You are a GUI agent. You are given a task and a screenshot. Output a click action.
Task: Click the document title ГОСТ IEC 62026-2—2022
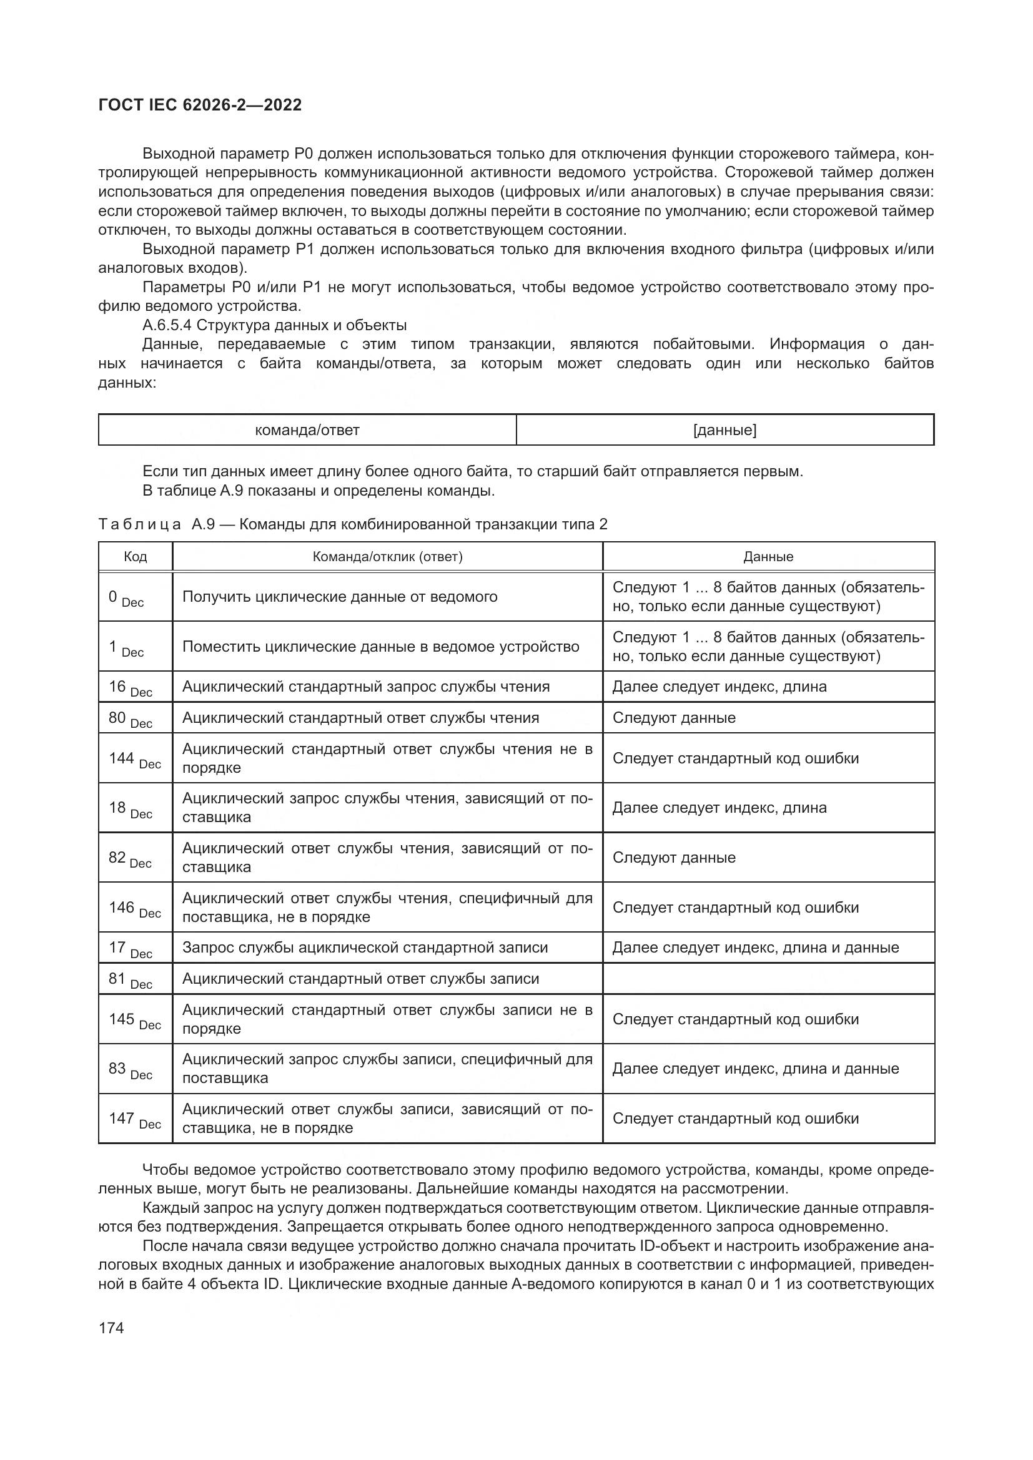200,105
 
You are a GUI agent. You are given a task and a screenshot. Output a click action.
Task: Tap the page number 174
111,1328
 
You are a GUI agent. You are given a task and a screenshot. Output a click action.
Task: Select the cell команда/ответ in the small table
307,431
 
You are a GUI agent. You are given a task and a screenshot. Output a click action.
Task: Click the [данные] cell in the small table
724,431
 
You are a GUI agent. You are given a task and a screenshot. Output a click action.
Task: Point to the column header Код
135,557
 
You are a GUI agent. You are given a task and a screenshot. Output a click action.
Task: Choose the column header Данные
768,557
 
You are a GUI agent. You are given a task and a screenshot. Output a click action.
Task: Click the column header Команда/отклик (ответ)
387,557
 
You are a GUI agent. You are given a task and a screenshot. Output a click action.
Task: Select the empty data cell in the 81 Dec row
768,979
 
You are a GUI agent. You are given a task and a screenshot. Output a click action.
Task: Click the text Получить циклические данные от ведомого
340,597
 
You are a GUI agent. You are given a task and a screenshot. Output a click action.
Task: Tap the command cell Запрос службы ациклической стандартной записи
365,948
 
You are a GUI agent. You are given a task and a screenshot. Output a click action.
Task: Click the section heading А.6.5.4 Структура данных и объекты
274,326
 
